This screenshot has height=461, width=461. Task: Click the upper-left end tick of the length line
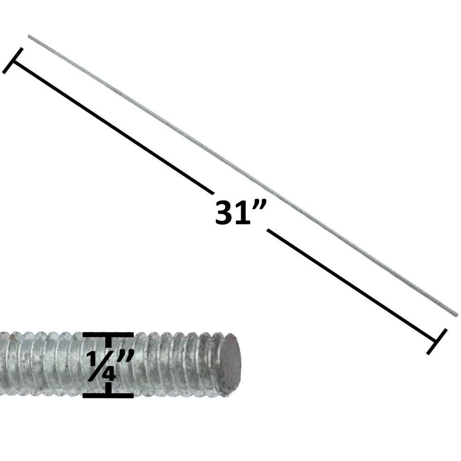pos(12,60)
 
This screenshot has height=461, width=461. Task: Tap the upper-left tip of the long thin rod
pos(29,36)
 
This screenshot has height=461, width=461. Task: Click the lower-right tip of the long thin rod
pos(456,315)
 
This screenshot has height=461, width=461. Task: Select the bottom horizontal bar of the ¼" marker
pos(108,395)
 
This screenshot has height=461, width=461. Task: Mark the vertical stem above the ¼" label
pos(108,342)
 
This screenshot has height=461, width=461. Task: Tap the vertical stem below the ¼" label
pos(108,388)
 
